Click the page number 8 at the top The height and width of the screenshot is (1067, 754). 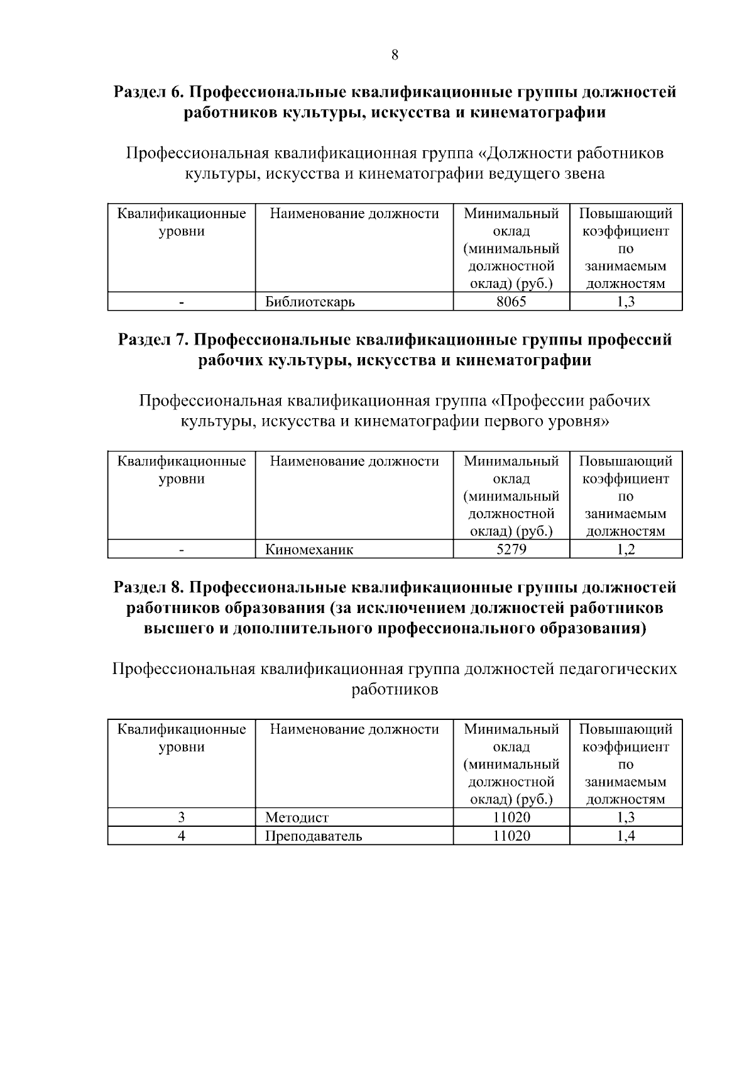[x=395, y=55]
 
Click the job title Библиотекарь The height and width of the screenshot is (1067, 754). [x=310, y=302]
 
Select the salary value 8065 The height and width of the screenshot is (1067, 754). [x=511, y=302]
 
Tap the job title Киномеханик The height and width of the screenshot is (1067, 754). [x=309, y=550]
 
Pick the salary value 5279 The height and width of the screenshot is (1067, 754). [x=511, y=550]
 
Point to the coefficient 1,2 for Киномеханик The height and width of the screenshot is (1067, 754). [x=625, y=550]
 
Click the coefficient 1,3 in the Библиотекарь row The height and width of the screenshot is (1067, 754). [x=625, y=302]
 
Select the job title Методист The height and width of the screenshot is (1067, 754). [x=297, y=817]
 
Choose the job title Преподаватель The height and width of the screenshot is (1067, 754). [x=314, y=836]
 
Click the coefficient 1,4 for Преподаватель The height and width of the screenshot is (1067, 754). [x=625, y=836]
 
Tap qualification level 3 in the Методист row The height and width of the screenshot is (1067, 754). [x=181, y=817]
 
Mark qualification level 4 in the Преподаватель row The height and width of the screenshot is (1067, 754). [x=181, y=836]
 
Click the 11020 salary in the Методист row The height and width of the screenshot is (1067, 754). [x=511, y=817]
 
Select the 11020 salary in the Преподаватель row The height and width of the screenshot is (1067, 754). [x=511, y=836]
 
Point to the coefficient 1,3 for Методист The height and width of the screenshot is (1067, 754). [x=625, y=817]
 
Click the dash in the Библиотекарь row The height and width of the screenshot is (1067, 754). [x=181, y=303]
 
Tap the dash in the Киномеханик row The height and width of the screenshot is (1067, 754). [x=181, y=551]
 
